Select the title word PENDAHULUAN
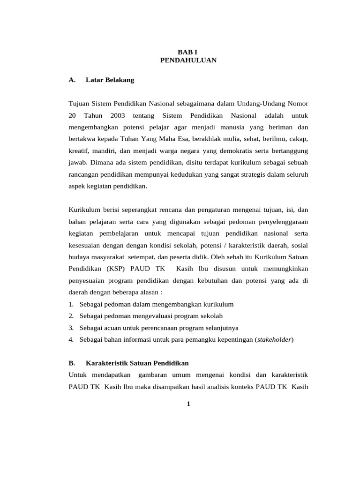188,60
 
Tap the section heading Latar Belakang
110,80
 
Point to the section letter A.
72,80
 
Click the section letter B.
72,363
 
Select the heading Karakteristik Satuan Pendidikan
137,363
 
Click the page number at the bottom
188,405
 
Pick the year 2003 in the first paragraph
119,115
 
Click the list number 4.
70,340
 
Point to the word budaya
79,257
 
